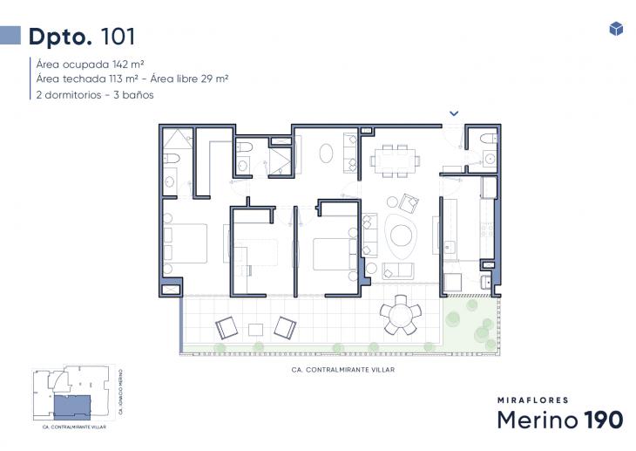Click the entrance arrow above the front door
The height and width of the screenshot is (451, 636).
[x=454, y=113]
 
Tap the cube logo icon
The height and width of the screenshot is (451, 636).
[x=616, y=29]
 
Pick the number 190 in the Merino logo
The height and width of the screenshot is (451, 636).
[x=603, y=420]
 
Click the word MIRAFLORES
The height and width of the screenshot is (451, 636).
[x=532, y=400]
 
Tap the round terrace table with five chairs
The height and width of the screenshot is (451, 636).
[x=401, y=315]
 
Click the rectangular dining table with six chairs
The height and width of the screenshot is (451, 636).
[x=395, y=160]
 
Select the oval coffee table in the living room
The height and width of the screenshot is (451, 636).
[x=404, y=236]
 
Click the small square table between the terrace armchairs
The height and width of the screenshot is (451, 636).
[x=255, y=330]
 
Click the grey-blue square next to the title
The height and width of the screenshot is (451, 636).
[x=10, y=35]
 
